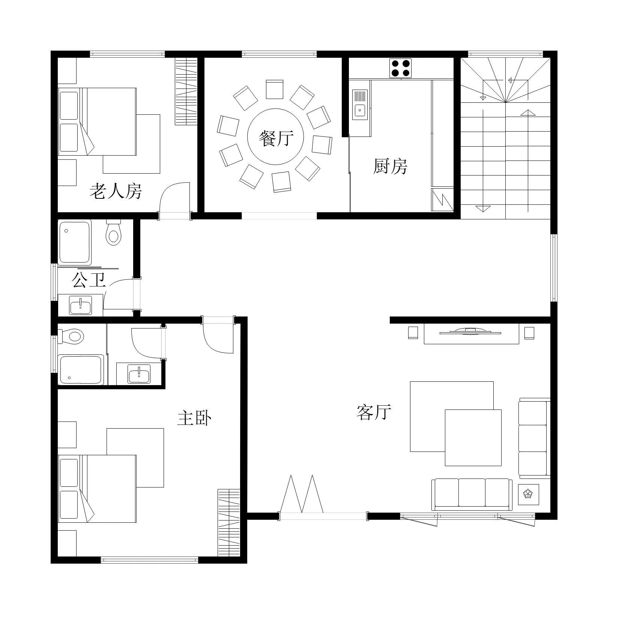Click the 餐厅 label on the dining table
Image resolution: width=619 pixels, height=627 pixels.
pyautogui.click(x=276, y=138)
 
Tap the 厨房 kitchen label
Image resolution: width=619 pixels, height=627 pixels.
pyautogui.click(x=391, y=166)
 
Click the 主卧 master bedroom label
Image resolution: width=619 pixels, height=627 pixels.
pyautogui.click(x=194, y=418)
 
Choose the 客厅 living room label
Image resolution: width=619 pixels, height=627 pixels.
pyautogui.click(x=374, y=412)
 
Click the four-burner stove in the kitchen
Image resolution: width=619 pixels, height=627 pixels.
pyautogui.click(x=400, y=68)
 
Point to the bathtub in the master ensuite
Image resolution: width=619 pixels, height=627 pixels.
pyautogui.click(x=81, y=370)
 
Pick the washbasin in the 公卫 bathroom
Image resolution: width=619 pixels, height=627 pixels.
pyautogui.click(x=81, y=305)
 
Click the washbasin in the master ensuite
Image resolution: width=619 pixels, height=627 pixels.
pyautogui.click(x=139, y=374)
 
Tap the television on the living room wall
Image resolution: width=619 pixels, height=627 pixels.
pyautogui.click(x=471, y=331)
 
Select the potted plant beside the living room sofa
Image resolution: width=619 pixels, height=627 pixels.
pyautogui.click(x=528, y=494)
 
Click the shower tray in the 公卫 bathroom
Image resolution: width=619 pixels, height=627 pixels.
pyautogui.click(x=75, y=242)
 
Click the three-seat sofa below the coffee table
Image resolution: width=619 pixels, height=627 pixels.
pyautogui.click(x=472, y=494)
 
